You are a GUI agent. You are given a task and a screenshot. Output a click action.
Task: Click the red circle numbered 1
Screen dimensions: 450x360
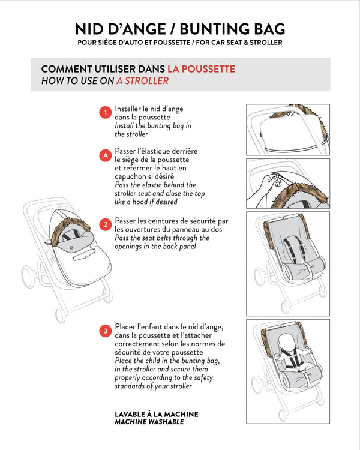tap(104, 112)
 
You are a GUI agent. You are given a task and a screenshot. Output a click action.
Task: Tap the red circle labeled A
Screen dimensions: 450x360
tap(104, 155)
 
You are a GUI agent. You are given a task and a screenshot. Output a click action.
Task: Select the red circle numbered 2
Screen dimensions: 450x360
tap(104, 225)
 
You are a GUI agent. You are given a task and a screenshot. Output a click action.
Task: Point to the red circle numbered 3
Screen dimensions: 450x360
tap(104, 331)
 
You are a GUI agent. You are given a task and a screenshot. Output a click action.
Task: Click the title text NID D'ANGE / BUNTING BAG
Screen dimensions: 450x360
tap(180, 29)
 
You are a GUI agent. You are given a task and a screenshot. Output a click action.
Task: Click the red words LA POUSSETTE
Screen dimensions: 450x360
tap(201, 69)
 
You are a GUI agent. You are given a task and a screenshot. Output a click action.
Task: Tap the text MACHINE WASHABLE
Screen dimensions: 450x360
tap(149, 422)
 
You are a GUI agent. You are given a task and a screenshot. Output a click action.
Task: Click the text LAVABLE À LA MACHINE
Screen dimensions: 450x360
tap(156, 414)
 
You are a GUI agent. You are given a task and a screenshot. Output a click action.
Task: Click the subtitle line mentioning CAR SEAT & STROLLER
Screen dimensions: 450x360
tap(180, 43)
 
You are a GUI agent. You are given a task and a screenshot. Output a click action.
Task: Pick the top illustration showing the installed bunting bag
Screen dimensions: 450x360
tap(288, 130)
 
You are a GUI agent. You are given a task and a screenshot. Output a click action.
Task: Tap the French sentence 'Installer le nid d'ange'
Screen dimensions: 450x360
tap(149, 109)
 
